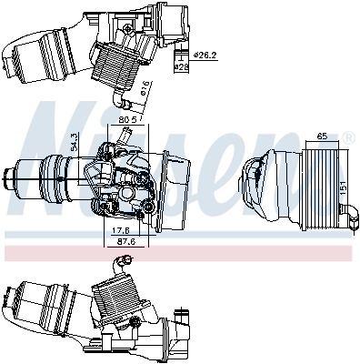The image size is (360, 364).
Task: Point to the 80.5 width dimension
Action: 127,118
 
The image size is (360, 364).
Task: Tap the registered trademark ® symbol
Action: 349,136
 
